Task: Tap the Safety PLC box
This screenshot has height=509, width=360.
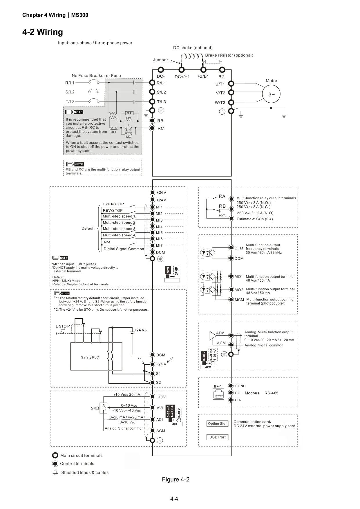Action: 96,356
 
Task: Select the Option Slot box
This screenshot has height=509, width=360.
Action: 217,423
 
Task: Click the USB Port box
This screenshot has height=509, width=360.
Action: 217,437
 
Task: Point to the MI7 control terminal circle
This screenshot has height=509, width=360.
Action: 153,245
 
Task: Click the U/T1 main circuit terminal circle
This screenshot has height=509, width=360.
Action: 231,84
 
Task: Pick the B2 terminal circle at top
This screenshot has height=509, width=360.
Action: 222,70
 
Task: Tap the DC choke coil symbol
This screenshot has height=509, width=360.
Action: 192,56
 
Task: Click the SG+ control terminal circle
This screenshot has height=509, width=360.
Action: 231,393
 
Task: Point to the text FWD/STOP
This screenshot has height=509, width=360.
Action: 113,204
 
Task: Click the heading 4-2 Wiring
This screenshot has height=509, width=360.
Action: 43,32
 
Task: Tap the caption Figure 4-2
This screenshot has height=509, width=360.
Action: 176,479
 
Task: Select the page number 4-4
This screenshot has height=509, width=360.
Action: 174,499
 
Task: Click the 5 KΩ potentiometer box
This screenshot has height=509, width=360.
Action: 103,408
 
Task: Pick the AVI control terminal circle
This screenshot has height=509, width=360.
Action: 153,407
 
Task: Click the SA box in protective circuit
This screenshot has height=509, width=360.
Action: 129,113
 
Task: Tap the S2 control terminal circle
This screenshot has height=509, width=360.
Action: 153,382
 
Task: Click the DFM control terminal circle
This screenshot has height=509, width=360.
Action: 231,248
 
